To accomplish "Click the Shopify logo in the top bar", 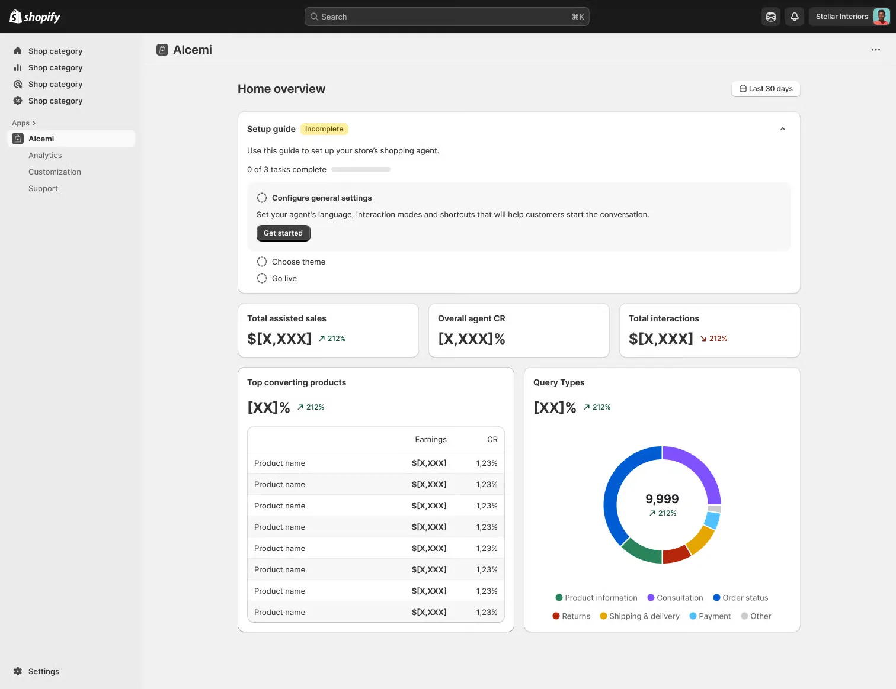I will [x=35, y=17].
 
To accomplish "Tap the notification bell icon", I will [x=795, y=17].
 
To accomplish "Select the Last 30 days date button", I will [x=766, y=89].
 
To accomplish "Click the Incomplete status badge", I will [x=324, y=129].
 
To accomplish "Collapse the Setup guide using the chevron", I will [x=782, y=129].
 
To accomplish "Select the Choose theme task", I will [x=298, y=262].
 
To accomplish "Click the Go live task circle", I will [x=262, y=278].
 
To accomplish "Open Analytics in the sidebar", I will [x=45, y=155].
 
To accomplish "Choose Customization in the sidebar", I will [x=55, y=172].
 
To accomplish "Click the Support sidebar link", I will [x=43, y=188].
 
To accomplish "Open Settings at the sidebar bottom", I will [x=43, y=671].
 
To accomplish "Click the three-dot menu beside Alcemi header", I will [x=875, y=50].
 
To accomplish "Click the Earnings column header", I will [x=430, y=439].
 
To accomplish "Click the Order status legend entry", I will [x=741, y=598].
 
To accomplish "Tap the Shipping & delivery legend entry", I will [x=640, y=616].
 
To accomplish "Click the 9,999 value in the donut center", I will [x=662, y=499].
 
